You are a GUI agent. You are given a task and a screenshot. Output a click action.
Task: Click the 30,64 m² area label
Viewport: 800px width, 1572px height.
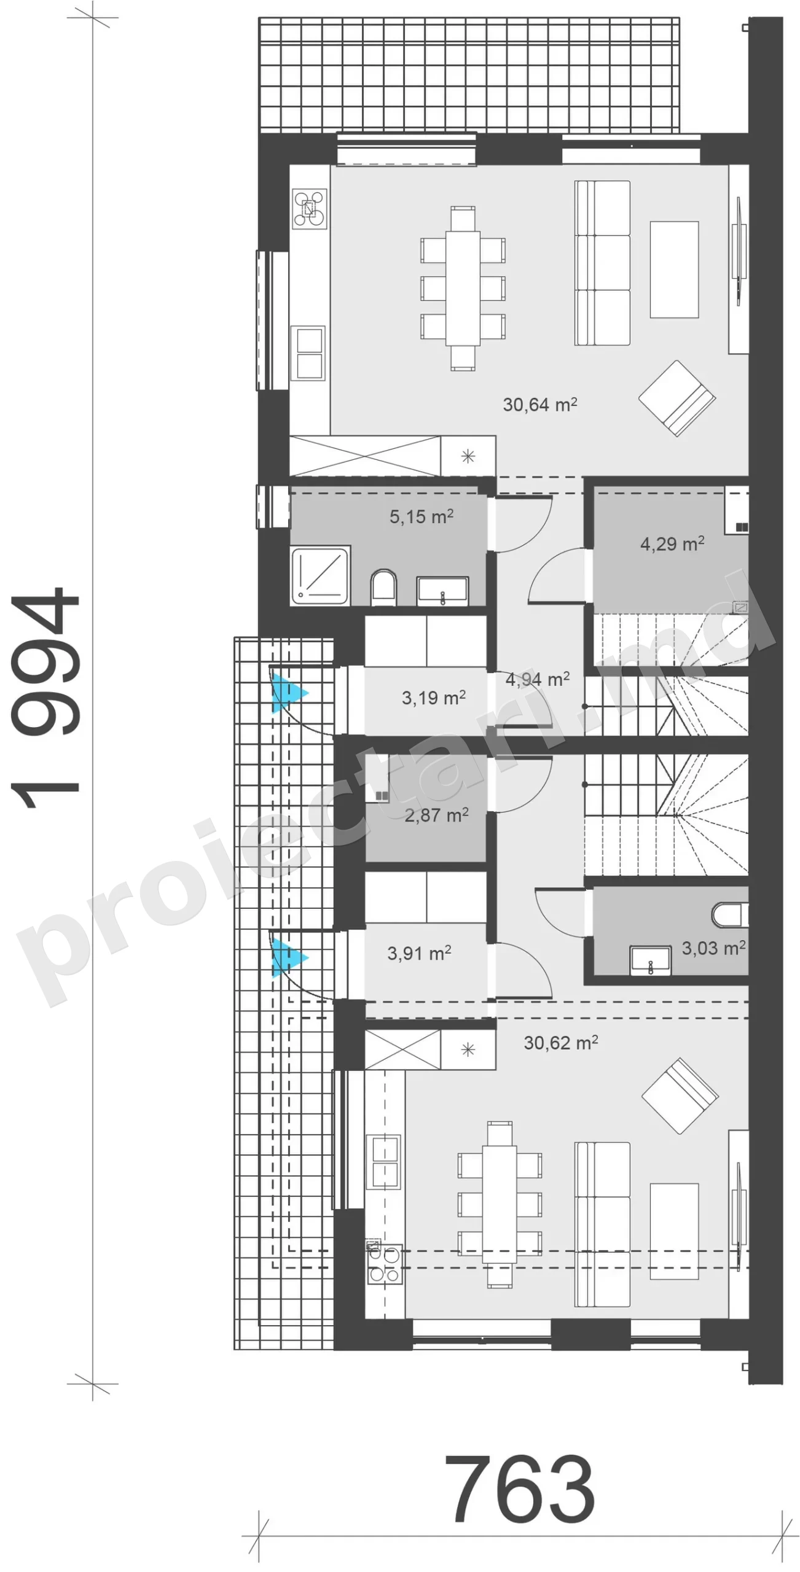coord(540,405)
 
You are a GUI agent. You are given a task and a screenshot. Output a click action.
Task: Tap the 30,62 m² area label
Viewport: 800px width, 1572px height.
coord(561,1043)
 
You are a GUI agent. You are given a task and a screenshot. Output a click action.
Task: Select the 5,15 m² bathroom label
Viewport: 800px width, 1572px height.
coord(422,516)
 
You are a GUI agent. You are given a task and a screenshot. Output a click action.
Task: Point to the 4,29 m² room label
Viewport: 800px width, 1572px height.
coord(672,543)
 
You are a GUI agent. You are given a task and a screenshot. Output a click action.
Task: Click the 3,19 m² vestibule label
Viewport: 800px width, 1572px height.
coord(434,698)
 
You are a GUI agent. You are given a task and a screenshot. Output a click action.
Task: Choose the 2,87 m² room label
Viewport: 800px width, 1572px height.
coord(437,815)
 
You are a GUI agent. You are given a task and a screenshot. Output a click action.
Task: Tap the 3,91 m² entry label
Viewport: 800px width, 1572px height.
coord(420,953)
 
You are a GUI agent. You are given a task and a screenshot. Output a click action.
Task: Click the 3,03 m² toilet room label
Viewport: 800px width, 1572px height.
coord(714,947)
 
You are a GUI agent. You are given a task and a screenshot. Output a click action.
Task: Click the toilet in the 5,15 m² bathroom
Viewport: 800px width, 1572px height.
coord(384,588)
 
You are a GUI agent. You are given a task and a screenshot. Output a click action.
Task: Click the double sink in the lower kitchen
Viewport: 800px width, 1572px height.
coord(384,1162)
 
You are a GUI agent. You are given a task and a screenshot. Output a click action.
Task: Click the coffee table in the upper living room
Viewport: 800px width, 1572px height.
coord(675,270)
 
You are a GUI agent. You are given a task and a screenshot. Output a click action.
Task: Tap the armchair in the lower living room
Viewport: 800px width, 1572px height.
coord(680,1095)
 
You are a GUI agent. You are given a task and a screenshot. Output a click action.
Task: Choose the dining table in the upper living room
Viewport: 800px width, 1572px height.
coord(463,288)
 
